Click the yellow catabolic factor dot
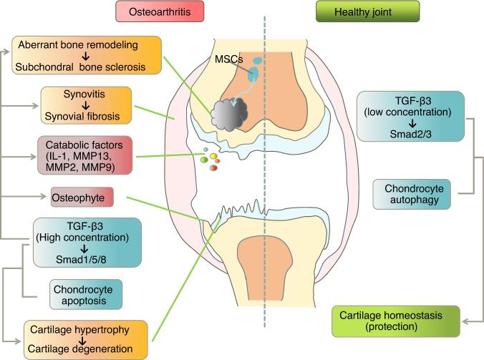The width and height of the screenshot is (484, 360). pyautogui.click(x=213, y=157)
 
